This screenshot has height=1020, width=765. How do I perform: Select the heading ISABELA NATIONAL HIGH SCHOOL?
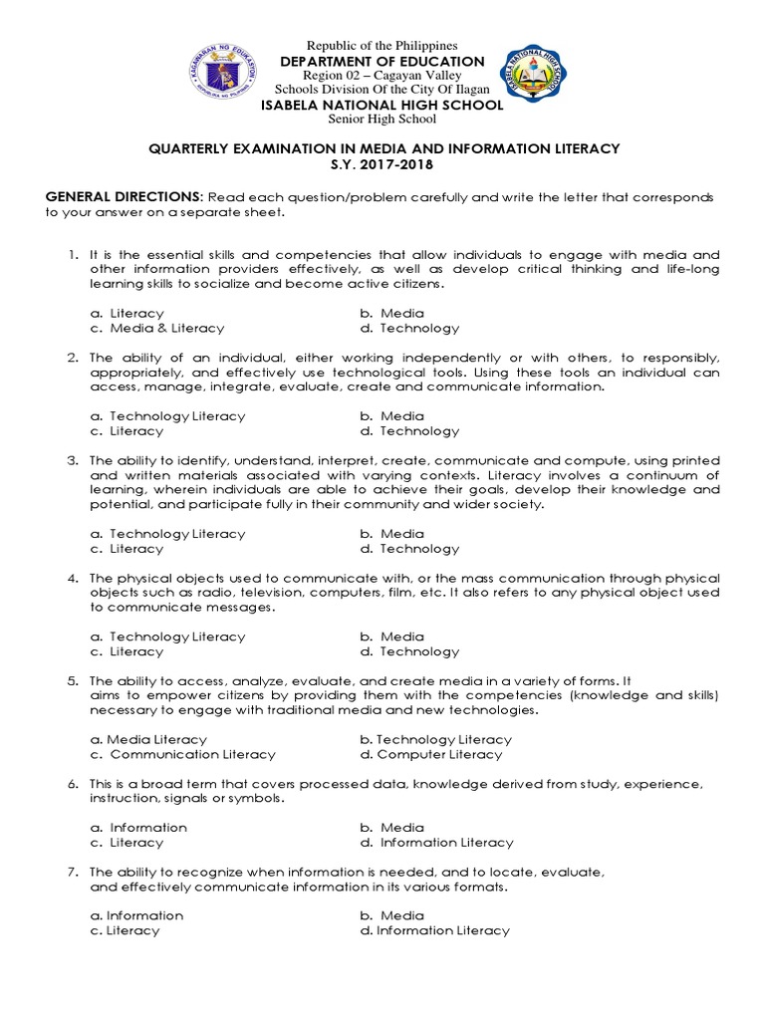pos(382,105)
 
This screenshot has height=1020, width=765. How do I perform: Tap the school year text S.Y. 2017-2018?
pos(382,164)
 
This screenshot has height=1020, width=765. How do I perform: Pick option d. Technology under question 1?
pos(409,328)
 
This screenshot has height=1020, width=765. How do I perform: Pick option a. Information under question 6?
pos(138,827)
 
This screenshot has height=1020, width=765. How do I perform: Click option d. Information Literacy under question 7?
pos(434,930)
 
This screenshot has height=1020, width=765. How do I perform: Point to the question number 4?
pos(73,578)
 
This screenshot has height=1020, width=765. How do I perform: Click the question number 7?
pos(73,872)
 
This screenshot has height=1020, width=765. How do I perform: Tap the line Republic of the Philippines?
pos(382,46)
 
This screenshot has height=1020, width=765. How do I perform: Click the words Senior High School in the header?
pos(382,120)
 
